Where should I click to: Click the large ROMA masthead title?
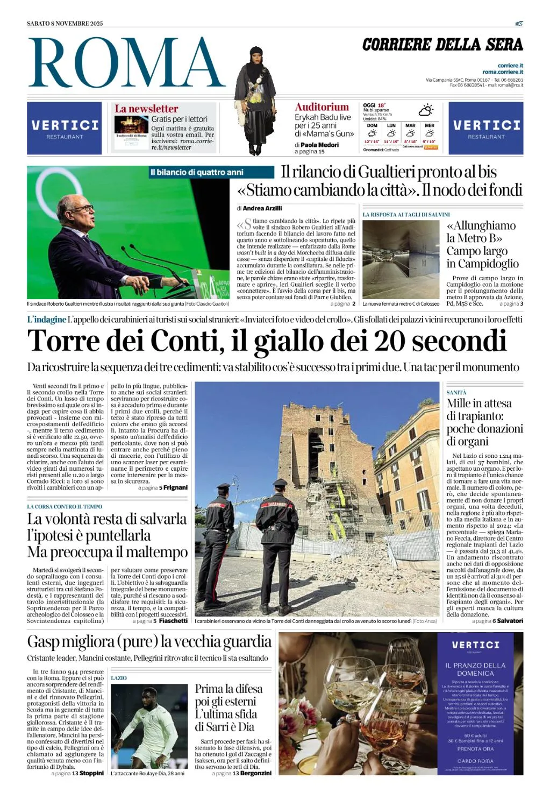coord(126,63)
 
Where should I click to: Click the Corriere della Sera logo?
coord(442,45)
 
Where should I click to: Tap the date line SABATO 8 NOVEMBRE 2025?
coord(65,23)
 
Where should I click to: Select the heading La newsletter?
coord(146,109)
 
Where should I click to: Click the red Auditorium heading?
coord(322,107)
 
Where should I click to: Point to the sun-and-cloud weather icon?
coord(426,110)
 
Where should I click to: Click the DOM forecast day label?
coord(372,125)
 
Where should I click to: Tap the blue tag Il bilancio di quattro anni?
coord(197,172)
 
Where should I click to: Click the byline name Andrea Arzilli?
coord(262,208)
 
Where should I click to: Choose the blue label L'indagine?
coord(47,320)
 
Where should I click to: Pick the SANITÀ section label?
coord(456,393)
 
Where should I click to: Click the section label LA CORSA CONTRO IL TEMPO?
coord(65,507)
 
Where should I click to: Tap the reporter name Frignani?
coord(175,487)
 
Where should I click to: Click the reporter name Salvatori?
coord(510,621)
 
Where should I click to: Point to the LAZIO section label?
coord(119,678)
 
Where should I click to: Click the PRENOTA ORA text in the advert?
coord(475,749)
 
